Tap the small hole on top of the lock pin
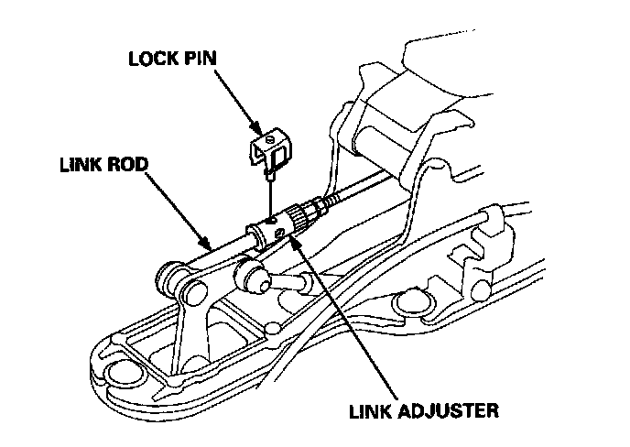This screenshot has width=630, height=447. (x=270, y=140)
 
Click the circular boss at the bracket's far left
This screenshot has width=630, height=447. (x=117, y=370)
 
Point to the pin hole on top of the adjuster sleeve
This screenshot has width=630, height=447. (x=271, y=220)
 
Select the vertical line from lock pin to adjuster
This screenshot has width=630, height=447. (x=271, y=192)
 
